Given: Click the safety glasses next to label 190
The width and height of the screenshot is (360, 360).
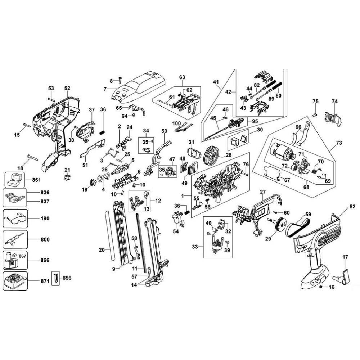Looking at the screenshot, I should (14, 218).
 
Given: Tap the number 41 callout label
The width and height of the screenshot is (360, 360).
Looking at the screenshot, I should (216, 82).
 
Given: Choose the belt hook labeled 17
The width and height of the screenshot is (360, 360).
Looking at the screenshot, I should (344, 276).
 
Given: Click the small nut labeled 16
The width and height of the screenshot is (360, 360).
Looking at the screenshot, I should (321, 287).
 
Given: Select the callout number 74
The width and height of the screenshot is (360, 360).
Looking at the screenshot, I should (334, 102).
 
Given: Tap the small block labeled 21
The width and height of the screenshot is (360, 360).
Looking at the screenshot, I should (67, 177).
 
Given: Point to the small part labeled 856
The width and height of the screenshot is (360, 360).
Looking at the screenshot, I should (55, 278).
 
